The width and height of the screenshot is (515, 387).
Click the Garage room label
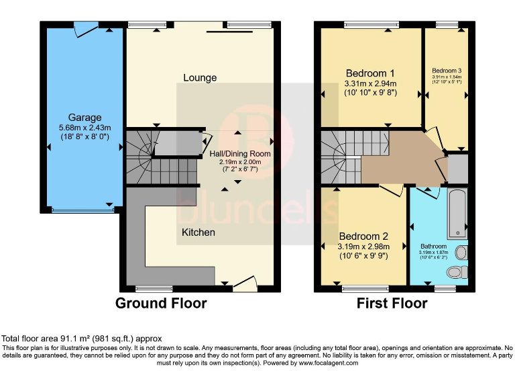click(84, 117)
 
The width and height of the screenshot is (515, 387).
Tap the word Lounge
click(200, 77)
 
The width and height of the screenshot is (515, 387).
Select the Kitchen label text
click(198, 232)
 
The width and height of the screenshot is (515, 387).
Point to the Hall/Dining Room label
click(240, 154)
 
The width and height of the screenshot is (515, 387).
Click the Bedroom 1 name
click(370, 73)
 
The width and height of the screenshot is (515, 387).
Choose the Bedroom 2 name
click(363, 236)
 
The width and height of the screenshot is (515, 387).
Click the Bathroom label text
click(433, 247)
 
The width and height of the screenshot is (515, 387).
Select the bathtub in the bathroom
click(457, 214)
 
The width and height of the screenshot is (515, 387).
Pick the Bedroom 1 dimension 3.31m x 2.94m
click(370, 84)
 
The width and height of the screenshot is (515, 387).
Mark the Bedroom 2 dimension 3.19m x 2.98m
click(363, 247)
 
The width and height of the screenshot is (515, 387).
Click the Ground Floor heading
click(161, 303)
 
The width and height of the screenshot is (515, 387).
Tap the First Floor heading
click(392, 303)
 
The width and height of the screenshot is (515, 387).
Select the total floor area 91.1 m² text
click(81, 339)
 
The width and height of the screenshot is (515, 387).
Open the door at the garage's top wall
click(86, 29)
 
